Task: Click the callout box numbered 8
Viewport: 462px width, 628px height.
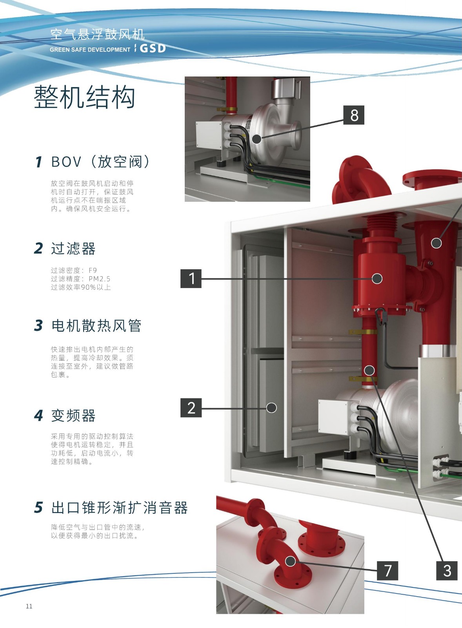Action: [354, 115]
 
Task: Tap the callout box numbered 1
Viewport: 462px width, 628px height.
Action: [191, 278]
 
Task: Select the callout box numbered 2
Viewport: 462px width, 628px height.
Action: [191, 407]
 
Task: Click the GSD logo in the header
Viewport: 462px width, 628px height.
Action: [153, 49]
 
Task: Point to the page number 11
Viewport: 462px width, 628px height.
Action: [29, 606]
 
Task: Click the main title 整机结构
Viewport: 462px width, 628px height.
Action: [84, 97]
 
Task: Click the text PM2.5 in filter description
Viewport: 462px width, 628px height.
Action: [100, 279]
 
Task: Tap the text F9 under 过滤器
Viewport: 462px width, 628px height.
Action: [93, 270]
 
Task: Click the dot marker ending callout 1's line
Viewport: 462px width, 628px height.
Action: [377, 279]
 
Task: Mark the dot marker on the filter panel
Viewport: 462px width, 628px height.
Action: [271, 408]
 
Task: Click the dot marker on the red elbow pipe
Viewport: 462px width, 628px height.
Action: [290, 561]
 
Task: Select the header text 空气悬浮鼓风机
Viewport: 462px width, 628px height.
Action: [98, 35]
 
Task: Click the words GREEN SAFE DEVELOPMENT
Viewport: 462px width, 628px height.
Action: [90, 49]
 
